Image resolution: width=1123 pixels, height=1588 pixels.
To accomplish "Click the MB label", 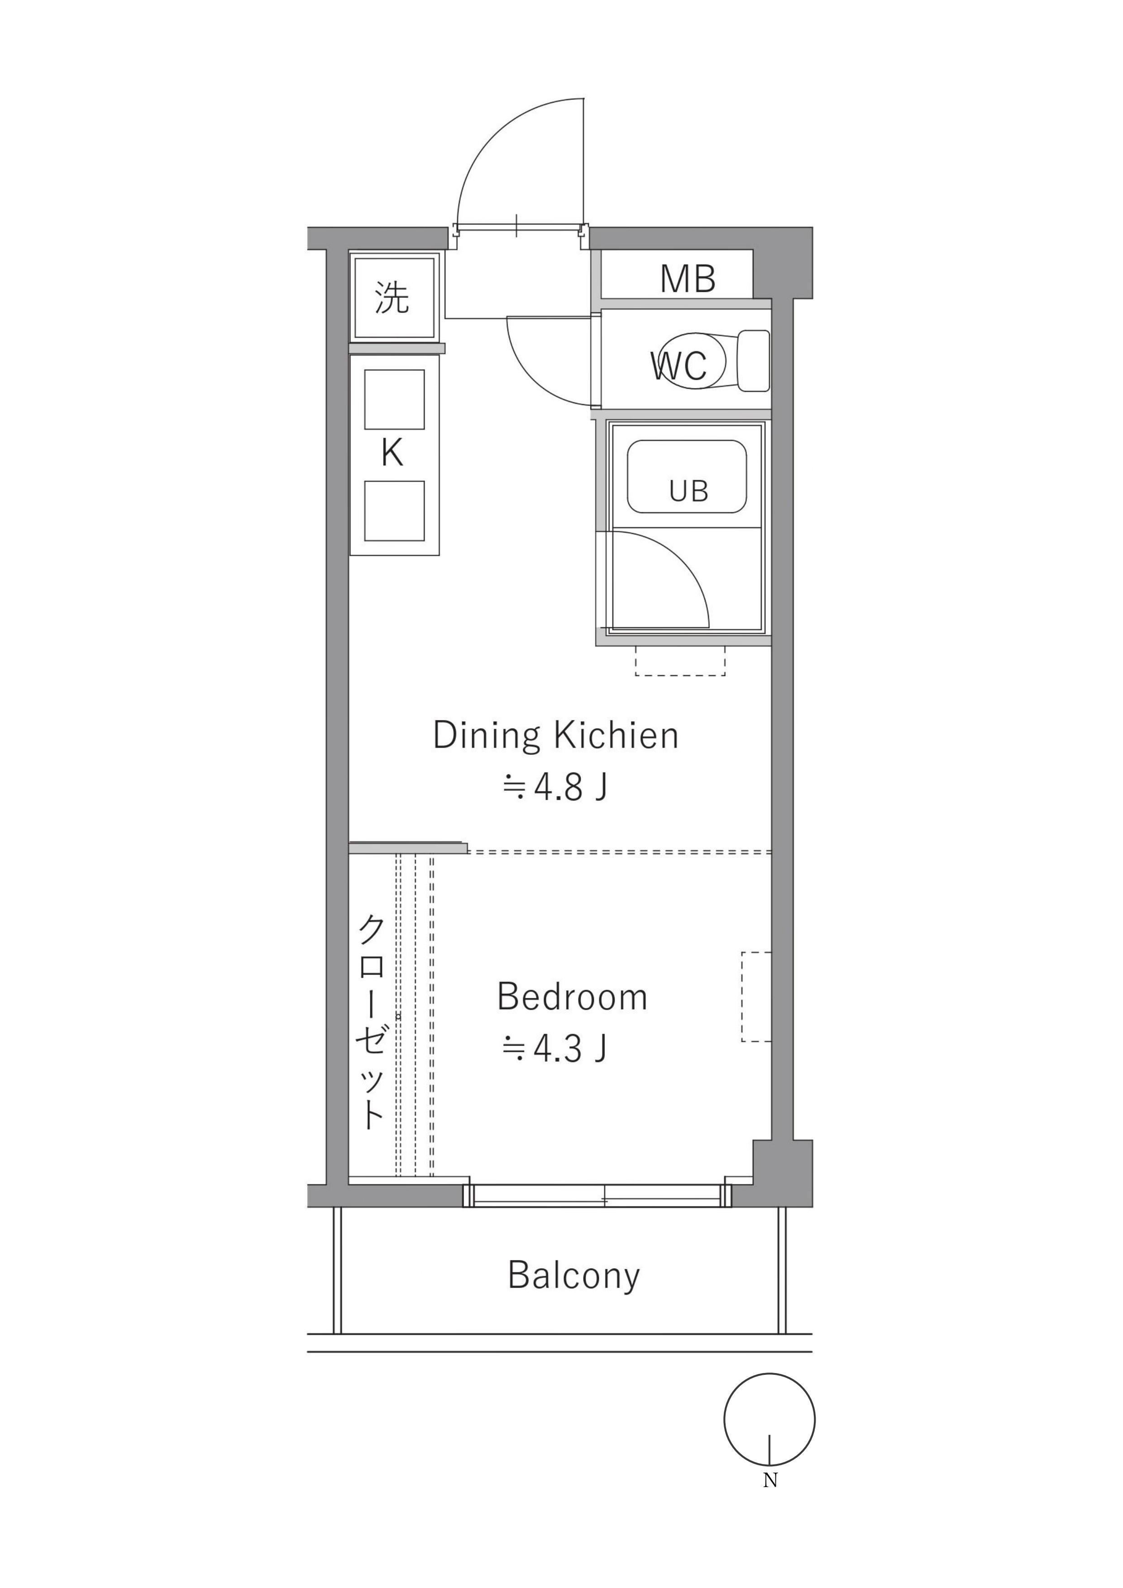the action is tap(687, 279).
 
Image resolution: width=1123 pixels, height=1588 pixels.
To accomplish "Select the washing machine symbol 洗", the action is tap(392, 297).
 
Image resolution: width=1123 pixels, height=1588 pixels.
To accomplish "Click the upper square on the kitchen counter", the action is tap(394, 400).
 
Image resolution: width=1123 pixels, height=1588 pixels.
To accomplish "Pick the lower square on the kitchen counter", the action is tap(394, 511).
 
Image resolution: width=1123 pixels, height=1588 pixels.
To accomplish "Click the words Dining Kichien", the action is tap(556, 736).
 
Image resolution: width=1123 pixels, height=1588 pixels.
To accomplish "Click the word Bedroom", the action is tap(572, 997).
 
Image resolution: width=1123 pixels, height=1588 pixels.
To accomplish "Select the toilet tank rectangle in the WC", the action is tap(754, 360).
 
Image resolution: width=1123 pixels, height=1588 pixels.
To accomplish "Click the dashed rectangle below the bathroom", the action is tap(680, 661).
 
